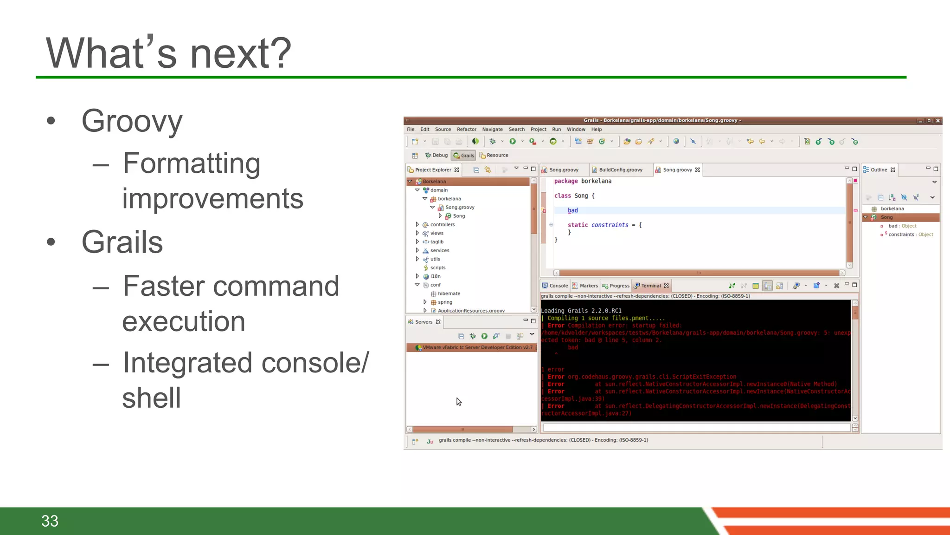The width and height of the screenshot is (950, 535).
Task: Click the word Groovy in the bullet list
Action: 132,122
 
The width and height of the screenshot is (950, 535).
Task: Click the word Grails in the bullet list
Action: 122,242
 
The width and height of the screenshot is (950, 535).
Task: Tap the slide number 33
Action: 50,521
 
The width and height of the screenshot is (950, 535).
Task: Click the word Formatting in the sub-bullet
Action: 191,163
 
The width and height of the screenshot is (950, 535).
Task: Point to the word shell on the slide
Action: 151,398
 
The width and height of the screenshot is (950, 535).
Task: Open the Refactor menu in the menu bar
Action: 466,130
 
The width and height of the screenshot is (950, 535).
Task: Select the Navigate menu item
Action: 492,130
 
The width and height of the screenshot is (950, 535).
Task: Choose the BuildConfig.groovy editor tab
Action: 620,170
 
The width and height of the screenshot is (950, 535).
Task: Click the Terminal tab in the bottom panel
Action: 650,286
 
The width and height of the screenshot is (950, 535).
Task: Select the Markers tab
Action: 588,286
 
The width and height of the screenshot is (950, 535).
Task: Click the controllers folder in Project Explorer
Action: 442,225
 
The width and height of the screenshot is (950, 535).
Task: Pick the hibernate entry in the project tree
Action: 449,294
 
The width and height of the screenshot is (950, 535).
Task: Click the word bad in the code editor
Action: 573,211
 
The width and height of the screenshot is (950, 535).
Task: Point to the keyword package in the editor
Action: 566,182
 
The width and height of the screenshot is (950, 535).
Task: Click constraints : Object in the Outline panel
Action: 910,235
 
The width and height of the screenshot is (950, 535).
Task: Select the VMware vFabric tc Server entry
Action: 477,348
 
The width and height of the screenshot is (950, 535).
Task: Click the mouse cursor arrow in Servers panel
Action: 458,401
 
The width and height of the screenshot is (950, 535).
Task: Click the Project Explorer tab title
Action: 432,170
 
